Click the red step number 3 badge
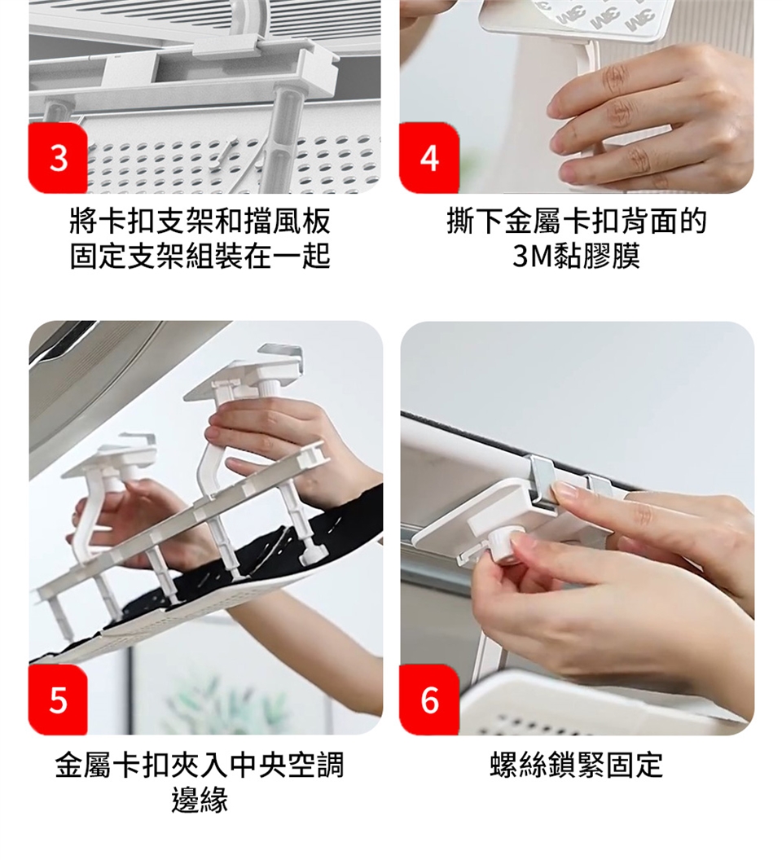(x=58, y=158)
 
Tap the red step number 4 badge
(x=429, y=158)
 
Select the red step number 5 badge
(x=58, y=700)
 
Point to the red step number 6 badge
(x=429, y=700)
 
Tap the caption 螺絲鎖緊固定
(x=576, y=765)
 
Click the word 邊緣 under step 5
(x=200, y=799)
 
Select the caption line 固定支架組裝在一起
(x=200, y=256)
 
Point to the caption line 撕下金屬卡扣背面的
(x=576, y=221)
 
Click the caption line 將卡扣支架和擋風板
(x=200, y=221)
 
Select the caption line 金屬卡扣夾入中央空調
(x=200, y=765)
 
